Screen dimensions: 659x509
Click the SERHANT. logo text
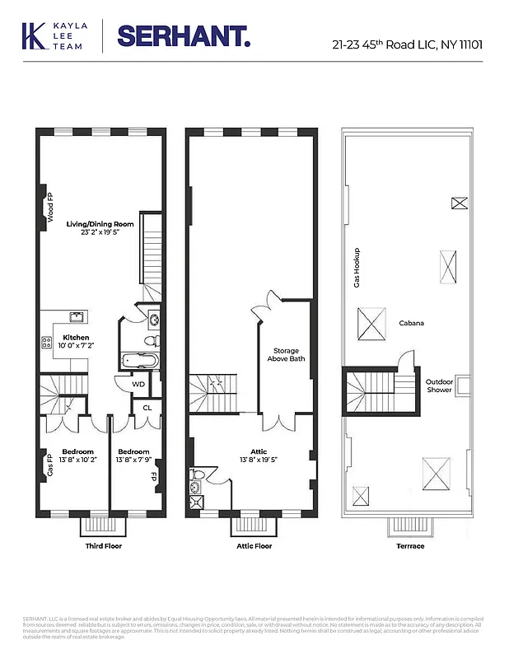(184, 36)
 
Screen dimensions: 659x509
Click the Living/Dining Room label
(100, 223)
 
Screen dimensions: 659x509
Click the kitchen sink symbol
(76, 317)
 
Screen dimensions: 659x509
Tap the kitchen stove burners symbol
(45, 343)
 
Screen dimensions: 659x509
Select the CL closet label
(147, 407)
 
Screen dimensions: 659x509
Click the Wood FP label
(49, 208)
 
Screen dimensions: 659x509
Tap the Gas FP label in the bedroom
(49, 465)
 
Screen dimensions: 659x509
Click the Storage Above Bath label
(286, 355)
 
